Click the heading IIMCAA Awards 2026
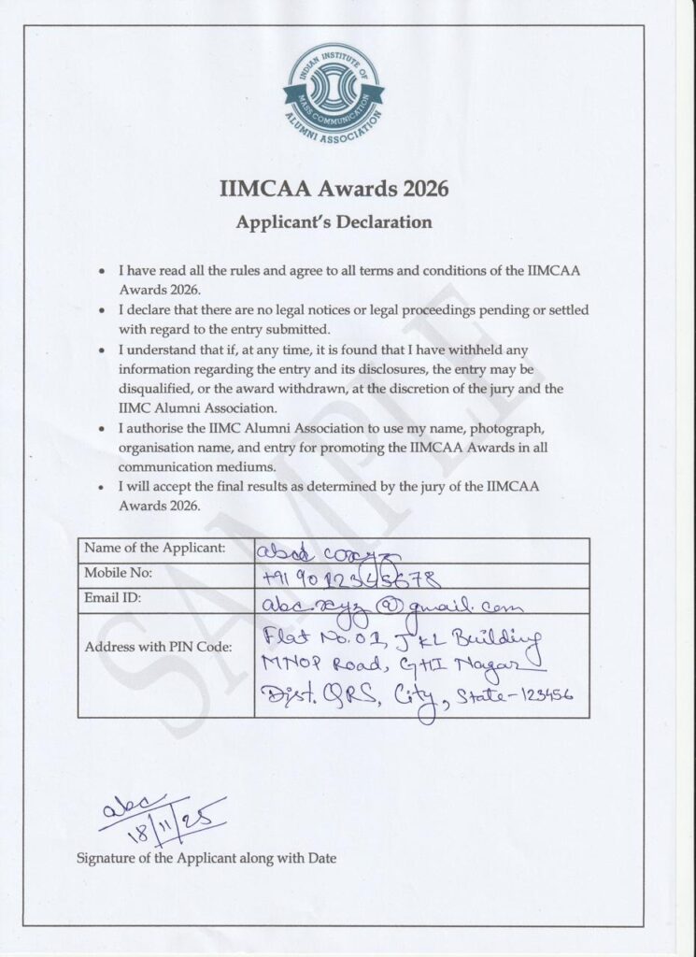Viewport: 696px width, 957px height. coord(334,190)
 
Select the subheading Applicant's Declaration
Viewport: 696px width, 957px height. coord(334,222)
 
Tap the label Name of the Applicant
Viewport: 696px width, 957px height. coord(154,548)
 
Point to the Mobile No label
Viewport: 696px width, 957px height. coord(119,573)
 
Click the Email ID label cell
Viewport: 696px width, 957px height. coord(112,597)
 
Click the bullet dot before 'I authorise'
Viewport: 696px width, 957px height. coord(105,429)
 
